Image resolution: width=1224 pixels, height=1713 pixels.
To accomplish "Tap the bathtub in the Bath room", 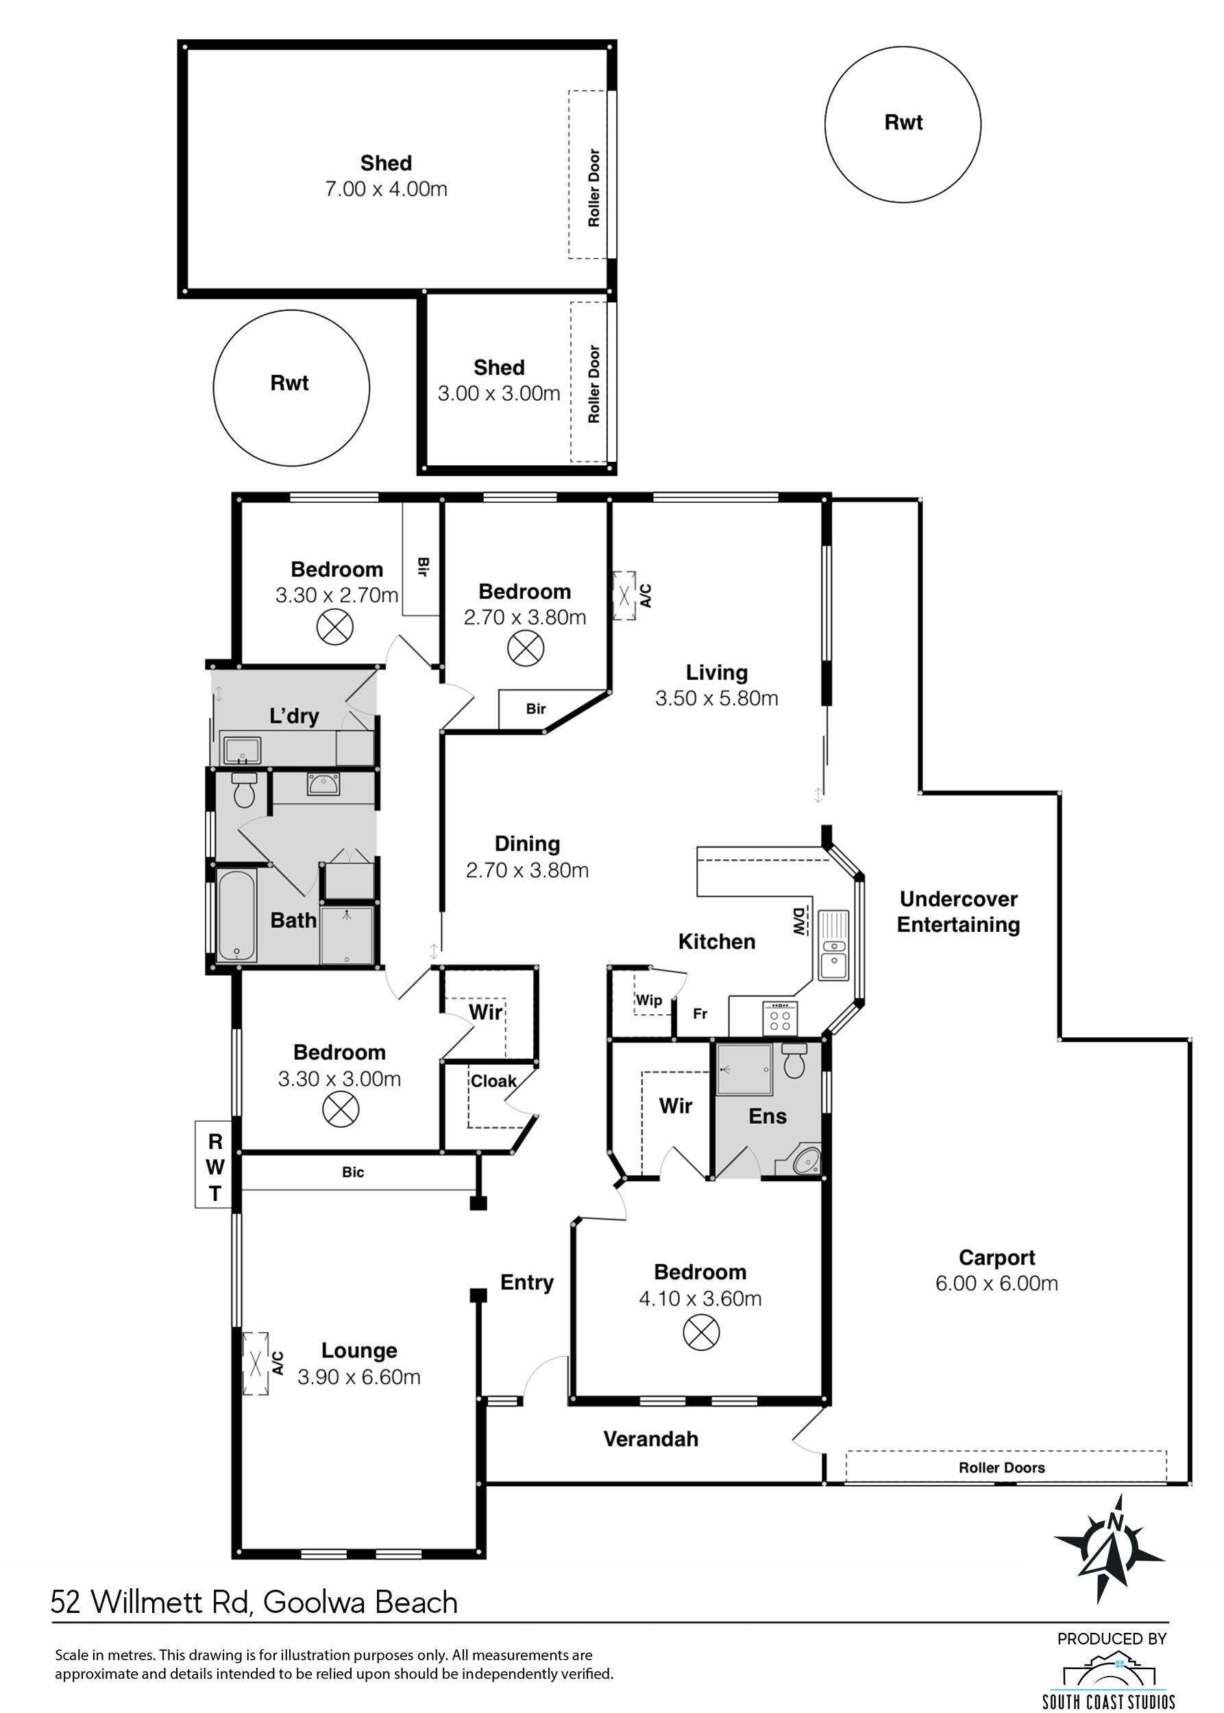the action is pyautogui.click(x=236, y=915).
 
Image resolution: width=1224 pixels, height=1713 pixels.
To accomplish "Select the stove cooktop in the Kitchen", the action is pyautogui.click(x=780, y=1018).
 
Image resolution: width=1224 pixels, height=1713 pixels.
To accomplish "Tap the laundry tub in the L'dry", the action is pyautogui.click(x=242, y=750).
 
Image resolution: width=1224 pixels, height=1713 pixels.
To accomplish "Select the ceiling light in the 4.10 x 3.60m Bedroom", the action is pyautogui.click(x=701, y=1331).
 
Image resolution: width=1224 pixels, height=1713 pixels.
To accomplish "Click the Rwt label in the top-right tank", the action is pyautogui.click(x=903, y=122).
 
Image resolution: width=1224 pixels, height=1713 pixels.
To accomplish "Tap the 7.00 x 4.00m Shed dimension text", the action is pyautogui.click(x=386, y=188).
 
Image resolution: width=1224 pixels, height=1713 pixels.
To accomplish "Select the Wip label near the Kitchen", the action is pyautogui.click(x=648, y=1000).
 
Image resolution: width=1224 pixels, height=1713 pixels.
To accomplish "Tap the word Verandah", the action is pyautogui.click(x=650, y=1439).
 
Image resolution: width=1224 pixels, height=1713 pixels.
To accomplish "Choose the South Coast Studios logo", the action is pyautogui.click(x=1109, y=1680).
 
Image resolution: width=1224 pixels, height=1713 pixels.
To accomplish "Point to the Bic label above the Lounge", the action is pyautogui.click(x=353, y=1172).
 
